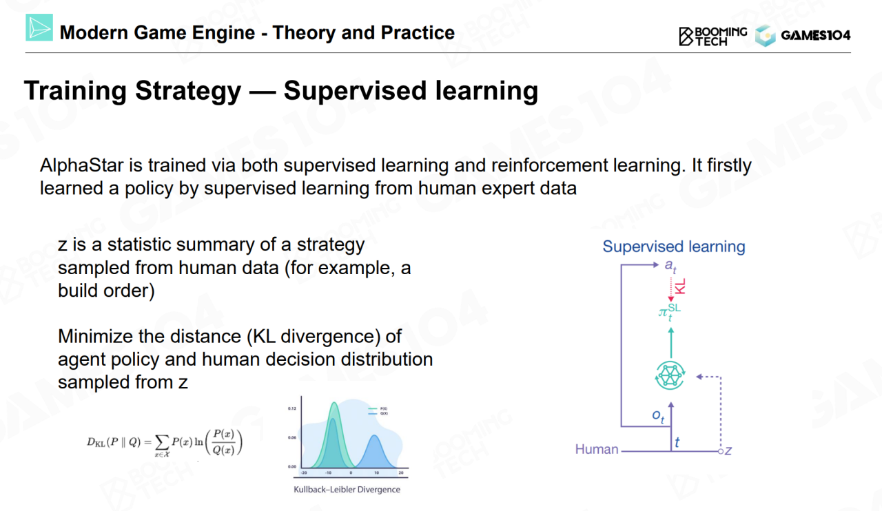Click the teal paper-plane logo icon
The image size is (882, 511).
39,28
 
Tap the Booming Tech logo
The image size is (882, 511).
712,36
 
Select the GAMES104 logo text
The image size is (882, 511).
815,35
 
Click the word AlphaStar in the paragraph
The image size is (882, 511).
81,165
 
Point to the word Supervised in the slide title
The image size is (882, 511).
355,91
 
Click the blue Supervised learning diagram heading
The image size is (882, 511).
674,247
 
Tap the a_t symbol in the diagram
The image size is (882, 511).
670,266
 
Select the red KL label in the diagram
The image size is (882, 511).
680,286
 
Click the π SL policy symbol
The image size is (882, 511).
669,312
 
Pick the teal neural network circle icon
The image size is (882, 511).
670,375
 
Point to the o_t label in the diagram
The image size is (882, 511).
658,416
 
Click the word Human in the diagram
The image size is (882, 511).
597,449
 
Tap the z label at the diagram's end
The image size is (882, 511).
728,451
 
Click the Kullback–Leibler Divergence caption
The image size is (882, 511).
347,490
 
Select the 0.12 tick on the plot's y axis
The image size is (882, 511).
292,408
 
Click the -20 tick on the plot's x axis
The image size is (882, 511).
304,472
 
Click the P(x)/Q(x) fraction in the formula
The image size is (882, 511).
224,442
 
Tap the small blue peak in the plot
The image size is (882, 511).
376,451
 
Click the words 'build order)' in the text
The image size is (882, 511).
106,291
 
